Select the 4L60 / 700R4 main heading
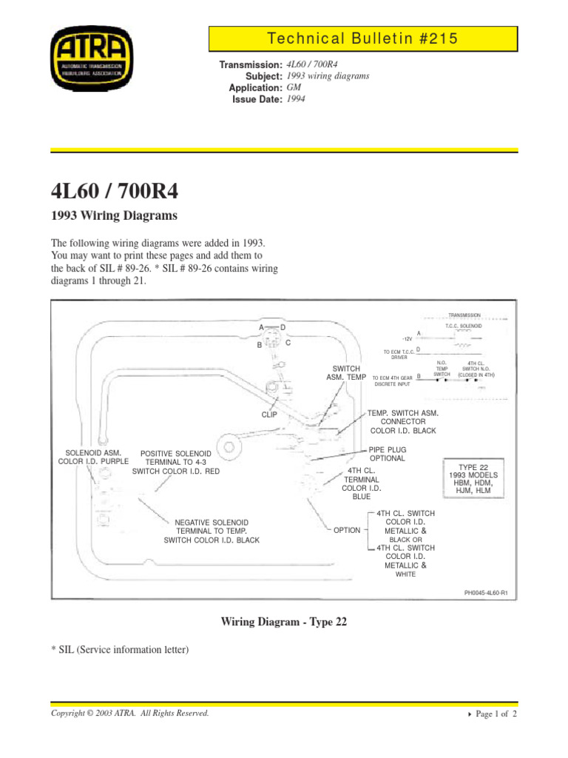coord(114,192)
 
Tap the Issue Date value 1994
coord(296,100)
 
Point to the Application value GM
coord(294,88)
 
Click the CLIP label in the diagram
coord(269,415)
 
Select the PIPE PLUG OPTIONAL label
coord(388,454)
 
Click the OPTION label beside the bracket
coord(347,530)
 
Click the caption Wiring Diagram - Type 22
coord(284,623)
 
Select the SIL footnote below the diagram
coord(120,650)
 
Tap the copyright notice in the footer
coord(129,714)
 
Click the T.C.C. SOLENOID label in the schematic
coord(464,325)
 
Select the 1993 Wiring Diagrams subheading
coord(114,216)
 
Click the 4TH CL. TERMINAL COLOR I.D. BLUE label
coord(361,483)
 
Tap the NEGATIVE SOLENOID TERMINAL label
coord(212,530)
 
